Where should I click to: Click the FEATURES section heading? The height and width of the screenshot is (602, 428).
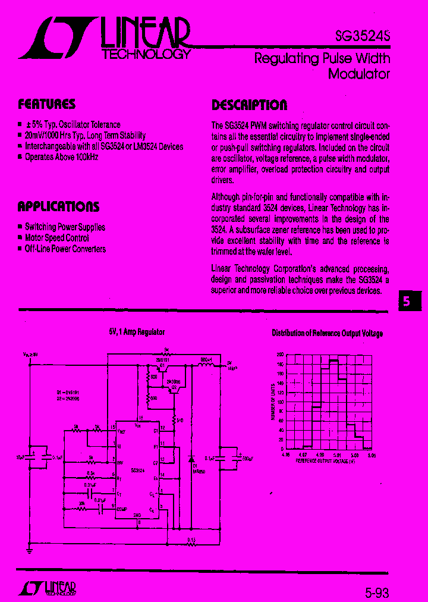coord(46,104)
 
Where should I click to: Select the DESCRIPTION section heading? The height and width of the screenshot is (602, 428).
coord(249,105)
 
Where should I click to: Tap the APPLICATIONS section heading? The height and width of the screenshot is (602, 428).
coord(58,206)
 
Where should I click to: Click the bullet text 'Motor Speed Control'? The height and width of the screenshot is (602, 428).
coord(57,238)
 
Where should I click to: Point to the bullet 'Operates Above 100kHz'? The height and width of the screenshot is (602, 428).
coord(61,157)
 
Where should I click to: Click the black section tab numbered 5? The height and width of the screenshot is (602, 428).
coord(408,301)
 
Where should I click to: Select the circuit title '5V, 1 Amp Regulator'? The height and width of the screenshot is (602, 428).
coord(136,333)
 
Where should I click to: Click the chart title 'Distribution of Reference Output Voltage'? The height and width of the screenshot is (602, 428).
coord(327,334)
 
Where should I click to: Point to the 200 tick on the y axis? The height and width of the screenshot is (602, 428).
coord(279,355)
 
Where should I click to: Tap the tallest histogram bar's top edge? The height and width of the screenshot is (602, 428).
coord(334,359)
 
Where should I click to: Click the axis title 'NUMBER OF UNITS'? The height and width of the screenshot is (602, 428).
coord(273,402)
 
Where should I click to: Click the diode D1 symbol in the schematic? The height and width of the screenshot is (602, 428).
coord(191,459)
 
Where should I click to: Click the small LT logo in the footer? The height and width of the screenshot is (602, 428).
coord(48,588)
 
